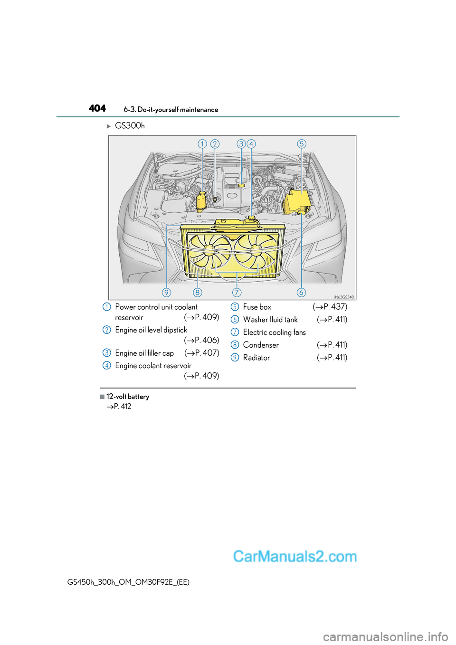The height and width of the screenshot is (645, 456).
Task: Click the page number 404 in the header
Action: click(x=97, y=108)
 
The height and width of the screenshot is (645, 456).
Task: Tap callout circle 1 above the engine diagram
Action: click(x=202, y=144)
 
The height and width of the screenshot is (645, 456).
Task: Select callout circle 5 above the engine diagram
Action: click(x=302, y=144)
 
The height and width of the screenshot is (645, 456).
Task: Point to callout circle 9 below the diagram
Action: click(x=166, y=292)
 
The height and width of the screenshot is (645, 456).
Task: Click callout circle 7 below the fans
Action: click(x=237, y=292)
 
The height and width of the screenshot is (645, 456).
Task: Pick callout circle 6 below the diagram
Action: click(x=301, y=292)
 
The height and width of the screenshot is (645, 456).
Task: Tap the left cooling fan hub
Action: click(x=209, y=250)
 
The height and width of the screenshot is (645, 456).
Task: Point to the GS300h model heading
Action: click(x=130, y=126)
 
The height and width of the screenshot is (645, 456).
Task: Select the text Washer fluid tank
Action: click(x=270, y=320)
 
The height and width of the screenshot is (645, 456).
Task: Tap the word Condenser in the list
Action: click(x=261, y=345)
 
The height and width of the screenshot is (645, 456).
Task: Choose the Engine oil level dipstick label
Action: click(x=151, y=330)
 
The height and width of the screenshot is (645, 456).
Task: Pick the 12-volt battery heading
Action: click(x=127, y=397)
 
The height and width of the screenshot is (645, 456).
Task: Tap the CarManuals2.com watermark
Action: click(x=294, y=556)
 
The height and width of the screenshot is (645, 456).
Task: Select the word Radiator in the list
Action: click(x=256, y=358)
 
